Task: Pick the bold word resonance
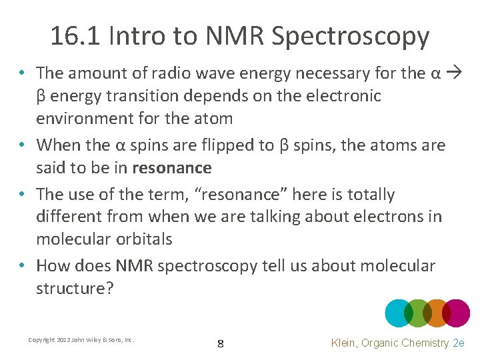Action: pos(172,167)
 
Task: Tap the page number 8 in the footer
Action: pos(221,344)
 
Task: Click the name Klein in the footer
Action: pos(346,343)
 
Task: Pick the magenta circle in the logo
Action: pos(457,313)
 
